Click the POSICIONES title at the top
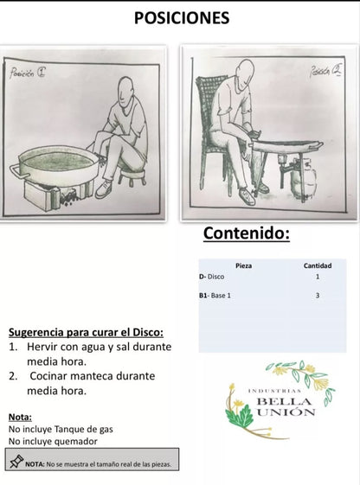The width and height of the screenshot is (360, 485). coord(182,17)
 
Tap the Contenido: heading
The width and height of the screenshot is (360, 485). coord(247,233)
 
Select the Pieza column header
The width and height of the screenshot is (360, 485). coord(244,265)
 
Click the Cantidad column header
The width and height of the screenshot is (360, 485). coord(318,265)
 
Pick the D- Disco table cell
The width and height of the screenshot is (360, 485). coord(211,277)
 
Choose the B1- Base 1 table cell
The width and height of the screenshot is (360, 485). coord(215,296)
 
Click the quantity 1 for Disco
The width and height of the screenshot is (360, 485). coord(318,277)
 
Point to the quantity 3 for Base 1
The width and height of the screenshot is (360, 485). coord(318,296)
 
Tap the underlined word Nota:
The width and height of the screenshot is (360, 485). coord(20,416)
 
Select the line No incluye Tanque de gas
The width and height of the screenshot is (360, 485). coord(61,429)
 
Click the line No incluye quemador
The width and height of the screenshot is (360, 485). coord(53,441)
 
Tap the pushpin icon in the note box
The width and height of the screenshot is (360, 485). coord(15,463)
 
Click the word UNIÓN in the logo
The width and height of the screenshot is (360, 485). coord(286,412)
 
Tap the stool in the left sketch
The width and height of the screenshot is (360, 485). coord(135,178)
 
